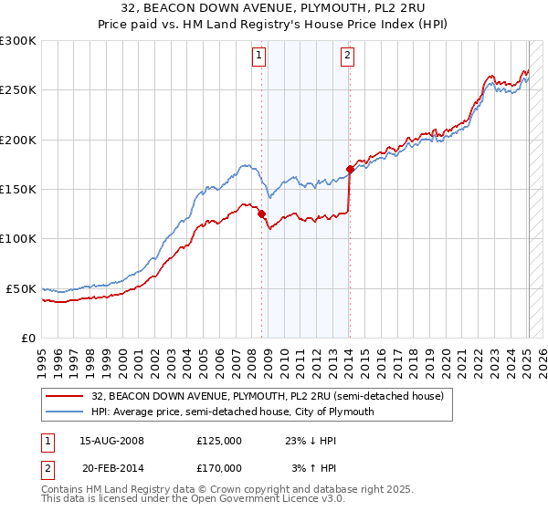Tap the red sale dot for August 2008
pyautogui.click(x=262, y=214)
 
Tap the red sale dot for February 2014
pyautogui.click(x=351, y=169)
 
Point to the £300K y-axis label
pyautogui.click(x=17, y=41)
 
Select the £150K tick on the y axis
pyautogui.click(x=17, y=190)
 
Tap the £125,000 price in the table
pyautogui.click(x=219, y=440)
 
